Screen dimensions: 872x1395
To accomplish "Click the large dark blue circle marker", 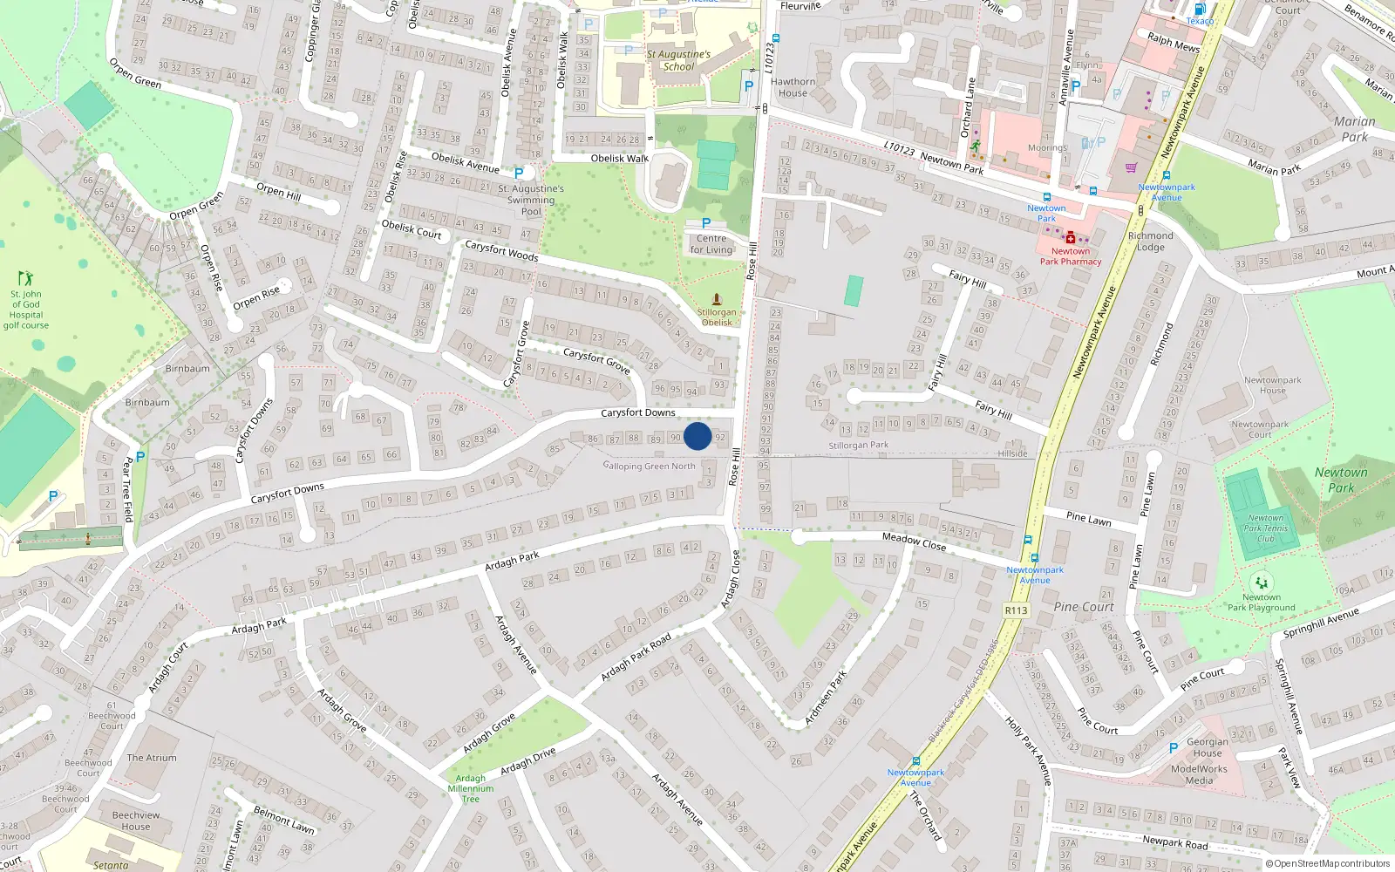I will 697,436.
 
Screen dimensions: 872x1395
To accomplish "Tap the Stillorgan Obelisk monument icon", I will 717,299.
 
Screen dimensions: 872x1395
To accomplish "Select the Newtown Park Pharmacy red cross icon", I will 1071,238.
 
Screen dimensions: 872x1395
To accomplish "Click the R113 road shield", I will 1016,610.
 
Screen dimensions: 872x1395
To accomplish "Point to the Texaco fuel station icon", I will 1200,10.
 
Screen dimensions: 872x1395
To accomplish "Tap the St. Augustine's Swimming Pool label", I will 531,200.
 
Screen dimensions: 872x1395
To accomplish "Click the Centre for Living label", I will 711,244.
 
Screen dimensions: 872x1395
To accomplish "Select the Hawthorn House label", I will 793,87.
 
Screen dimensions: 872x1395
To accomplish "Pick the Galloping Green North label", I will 650,466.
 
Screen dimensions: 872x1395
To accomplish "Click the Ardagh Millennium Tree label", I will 470,788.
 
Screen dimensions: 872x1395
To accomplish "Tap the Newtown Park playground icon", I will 1261,582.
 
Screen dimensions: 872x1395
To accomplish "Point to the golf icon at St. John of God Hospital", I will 25,279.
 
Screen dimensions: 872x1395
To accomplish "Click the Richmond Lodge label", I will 1151,242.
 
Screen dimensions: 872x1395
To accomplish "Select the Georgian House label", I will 1208,747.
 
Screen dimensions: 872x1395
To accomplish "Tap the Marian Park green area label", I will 1354,129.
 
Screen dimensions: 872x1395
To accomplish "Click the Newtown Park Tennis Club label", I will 1265,528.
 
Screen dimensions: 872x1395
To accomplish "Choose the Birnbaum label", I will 187,369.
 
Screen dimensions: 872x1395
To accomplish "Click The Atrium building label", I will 152,758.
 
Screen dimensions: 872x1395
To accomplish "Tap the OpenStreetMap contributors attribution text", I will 1328,864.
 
